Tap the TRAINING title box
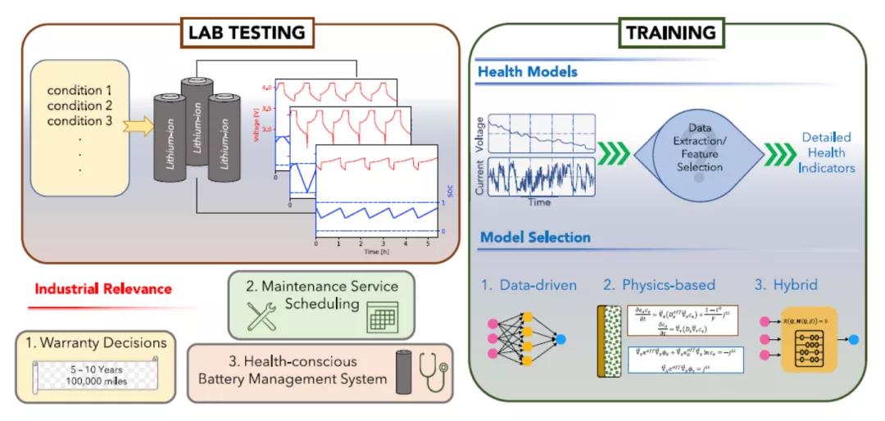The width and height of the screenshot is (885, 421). [x=670, y=33]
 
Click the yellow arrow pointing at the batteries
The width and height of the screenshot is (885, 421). [x=137, y=125]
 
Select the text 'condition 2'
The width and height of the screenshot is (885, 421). [x=79, y=106]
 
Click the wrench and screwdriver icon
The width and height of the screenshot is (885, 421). [x=262, y=315]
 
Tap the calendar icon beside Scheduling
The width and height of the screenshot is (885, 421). [x=382, y=316]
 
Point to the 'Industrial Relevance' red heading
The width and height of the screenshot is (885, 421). [x=103, y=288]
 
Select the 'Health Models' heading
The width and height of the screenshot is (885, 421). [x=527, y=71]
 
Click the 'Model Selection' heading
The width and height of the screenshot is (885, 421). [x=535, y=238]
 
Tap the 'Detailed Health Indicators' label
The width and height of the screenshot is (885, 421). [x=826, y=152]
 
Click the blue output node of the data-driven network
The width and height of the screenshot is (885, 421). [x=560, y=338]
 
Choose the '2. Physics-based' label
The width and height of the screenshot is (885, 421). [x=659, y=285]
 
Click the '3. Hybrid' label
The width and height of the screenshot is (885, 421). [x=787, y=285]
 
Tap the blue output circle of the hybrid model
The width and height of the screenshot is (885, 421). [x=853, y=338]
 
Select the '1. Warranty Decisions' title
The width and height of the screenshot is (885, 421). [x=97, y=342]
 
